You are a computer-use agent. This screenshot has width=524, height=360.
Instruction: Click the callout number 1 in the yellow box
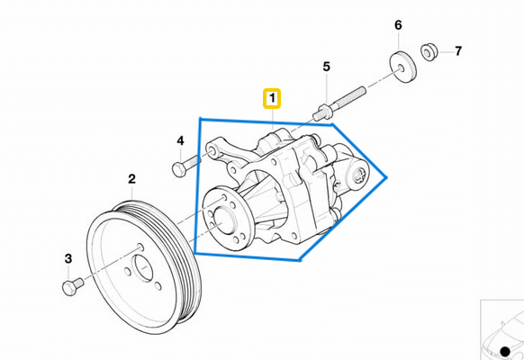click(x=271, y=97)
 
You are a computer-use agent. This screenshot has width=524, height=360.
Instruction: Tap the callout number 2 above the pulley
click(x=131, y=180)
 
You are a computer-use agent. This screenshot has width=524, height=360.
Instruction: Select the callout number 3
click(x=68, y=260)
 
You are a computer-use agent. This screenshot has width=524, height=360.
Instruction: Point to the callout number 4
click(x=180, y=141)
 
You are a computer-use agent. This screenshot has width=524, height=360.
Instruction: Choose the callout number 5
click(x=327, y=67)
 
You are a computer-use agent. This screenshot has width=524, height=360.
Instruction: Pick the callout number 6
click(x=397, y=25)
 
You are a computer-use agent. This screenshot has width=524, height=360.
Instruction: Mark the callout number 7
click(x=457, y=50)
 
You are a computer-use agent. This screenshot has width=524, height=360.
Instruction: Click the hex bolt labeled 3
click(x=69, y=285)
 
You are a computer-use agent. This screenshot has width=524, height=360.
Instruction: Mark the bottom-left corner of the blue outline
click(x=195, y=254)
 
